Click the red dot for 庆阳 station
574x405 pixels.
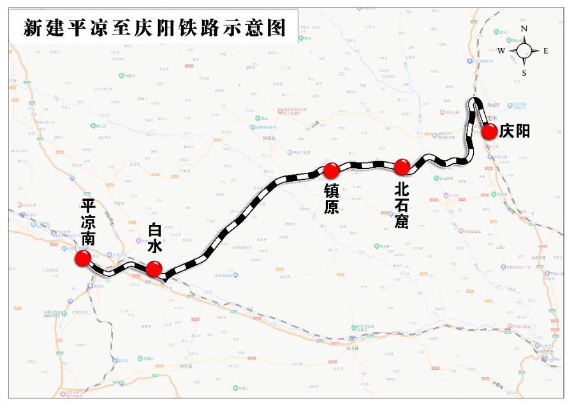(489, 132)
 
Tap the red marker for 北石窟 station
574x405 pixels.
(401, 167)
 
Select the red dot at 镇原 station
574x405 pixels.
(331, 170)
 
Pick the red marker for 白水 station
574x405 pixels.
(154, 269)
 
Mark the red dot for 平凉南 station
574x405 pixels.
(83, 258)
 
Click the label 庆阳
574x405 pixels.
(514, 131)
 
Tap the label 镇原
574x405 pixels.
(331, 199)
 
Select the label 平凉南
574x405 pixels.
(88, 223)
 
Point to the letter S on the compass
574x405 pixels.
(524, 73)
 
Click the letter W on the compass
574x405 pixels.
(501, 51)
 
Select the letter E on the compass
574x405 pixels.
(546, 51)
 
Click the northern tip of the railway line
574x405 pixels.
(475, 99)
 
